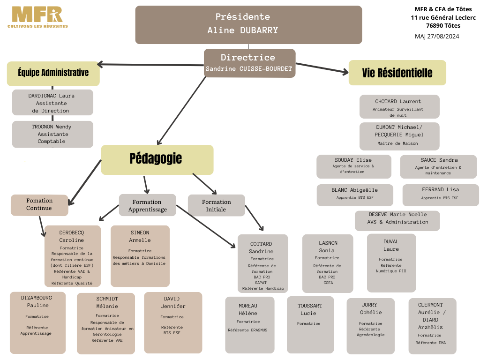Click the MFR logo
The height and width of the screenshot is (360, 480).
pyautogui.click(x=37, y=17)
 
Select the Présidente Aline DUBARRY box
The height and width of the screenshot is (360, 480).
pyautogui.click(x=248, y=25)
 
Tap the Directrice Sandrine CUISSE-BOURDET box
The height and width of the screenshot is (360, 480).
pyautogui.click(x=249, y=63)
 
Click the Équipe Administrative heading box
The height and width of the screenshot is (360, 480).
pyautogui.click(x=53, y=74)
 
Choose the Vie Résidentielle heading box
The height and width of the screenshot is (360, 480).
pyautogui.click(x=397, y=73)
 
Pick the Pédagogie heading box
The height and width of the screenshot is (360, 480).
pyautogui.click(x=157, y=160)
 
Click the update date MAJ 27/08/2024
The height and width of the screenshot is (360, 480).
pyautogui.click(x=437, y=37)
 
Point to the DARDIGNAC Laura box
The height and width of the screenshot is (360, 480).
pyautogui.click(x=52, y=103)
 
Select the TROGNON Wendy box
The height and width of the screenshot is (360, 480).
pyautogui.click(x=52, y=134)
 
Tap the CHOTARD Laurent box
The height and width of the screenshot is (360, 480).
pyautogui.click(x=399, y=106)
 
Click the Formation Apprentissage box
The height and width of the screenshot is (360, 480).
pyautogui.click(x=148, y=205)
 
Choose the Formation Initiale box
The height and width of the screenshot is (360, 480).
pyautogui.click(x=217, y=205)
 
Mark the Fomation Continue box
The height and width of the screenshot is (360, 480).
pyautogui.click(x=39, y=205)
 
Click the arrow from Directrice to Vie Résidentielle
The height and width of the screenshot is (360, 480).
pyautogui.click(x=322, y=68)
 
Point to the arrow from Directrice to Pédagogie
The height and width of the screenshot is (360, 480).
pyautogui.click(x=181, y=111)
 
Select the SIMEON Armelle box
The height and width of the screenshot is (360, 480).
pyautogui.click(x=140, y=256)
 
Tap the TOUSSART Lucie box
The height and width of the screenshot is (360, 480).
pyautogui.click(x=310, y=325)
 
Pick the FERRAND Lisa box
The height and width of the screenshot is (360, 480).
pyautogui.click(x=441, y=195)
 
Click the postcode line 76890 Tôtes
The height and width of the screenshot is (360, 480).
pyautogui.click(x=443, y=26)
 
